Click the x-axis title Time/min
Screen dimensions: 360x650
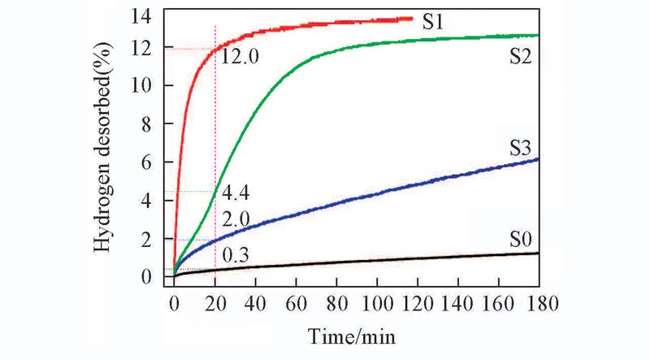point(351,335)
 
